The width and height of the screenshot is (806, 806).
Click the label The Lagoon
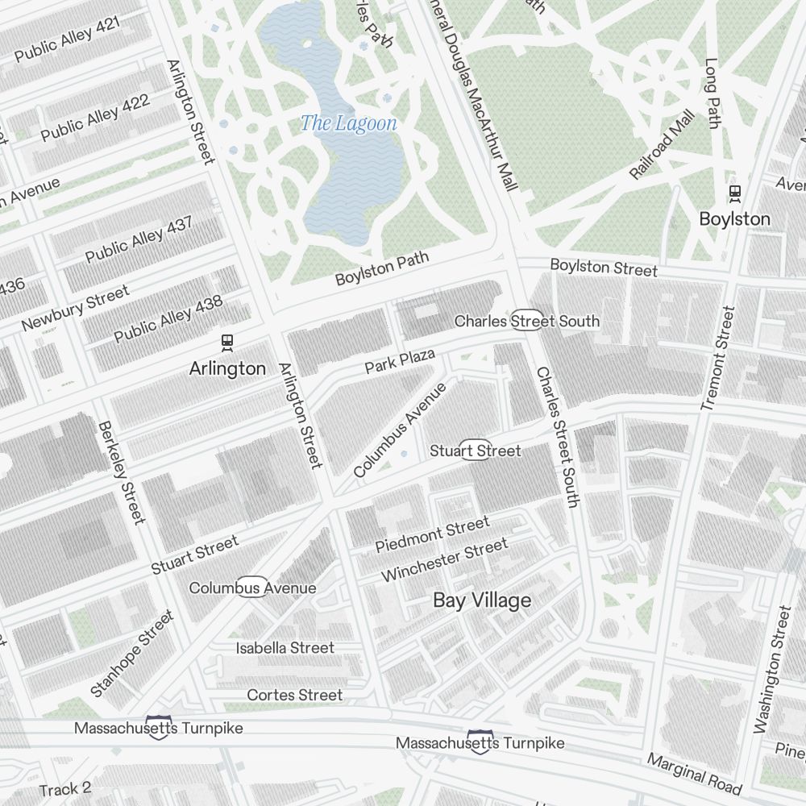pyautogui.click(x=348, y=123)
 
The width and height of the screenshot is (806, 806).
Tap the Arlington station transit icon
pyautogui.click(x=227, y=343)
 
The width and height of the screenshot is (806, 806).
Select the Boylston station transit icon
pyautogui.click(x=734, y=193)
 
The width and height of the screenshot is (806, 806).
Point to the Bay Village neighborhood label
pyautogui.click(x=482, y=600)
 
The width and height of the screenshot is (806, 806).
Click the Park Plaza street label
pyautogui.click(x=400, y=361)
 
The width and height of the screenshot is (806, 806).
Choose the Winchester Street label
pyautogui.click(x=444, y=560)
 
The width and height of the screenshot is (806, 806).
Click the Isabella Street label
pyautogui.click(x=285, y=648)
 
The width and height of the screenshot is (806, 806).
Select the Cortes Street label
pyautogui.click(x=294, y=695)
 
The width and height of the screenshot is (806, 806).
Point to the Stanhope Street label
pyautogui.click(x=132, y=653)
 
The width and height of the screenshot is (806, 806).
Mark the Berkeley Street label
pyautogui.click(x=122, y=472)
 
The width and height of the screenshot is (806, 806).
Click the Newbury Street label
pyautogui.click(x=75, y=308)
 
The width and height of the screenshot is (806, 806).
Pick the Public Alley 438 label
pyautogui.click(x=168, y=319)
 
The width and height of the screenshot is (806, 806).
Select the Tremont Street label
pyautogui.click(x=719, y=358)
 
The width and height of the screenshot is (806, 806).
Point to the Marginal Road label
pyautogui.click(x=693, y=774)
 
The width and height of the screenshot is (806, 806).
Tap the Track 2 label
pyautogui.click(x=65, y=789)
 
